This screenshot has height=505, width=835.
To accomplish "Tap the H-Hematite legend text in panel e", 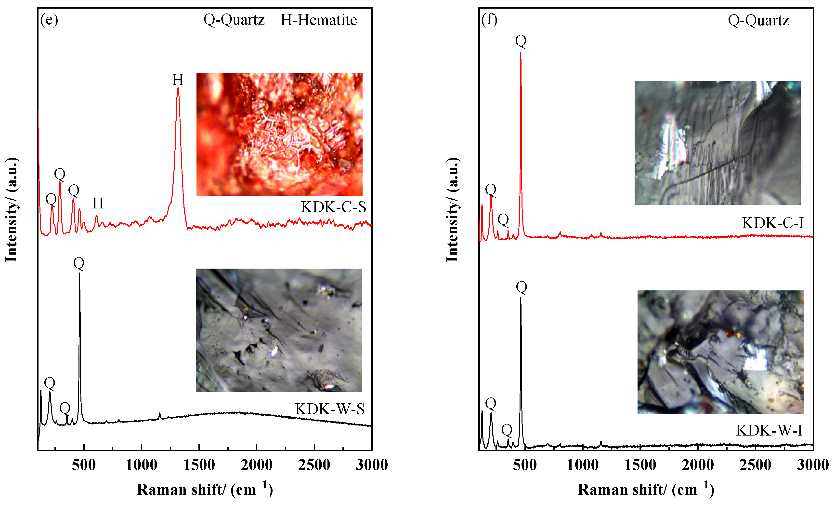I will [319, 20].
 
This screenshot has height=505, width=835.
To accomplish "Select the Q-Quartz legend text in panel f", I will [758, 20].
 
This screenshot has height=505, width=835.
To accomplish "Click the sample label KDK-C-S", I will [333, 207].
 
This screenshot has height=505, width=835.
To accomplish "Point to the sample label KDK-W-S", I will [330, 409].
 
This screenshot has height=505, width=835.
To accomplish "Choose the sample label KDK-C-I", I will [773, 223].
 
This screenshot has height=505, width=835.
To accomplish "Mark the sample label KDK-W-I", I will [769, 430].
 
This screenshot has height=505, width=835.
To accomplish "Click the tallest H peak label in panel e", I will [178, 80].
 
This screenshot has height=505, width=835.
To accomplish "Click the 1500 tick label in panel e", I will [199, 465].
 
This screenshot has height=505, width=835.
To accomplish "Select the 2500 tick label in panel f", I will [755, 465].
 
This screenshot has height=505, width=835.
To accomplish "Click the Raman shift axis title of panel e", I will [205, 489].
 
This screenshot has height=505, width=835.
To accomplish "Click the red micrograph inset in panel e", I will [279, 134].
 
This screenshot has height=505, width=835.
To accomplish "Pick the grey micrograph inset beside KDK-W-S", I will [279, 330].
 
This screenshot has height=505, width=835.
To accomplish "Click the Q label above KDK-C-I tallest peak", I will [521, 41].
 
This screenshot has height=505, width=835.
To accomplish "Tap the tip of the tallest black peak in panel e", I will [80, 273].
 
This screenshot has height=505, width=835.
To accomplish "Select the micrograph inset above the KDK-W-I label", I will [720, 352].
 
